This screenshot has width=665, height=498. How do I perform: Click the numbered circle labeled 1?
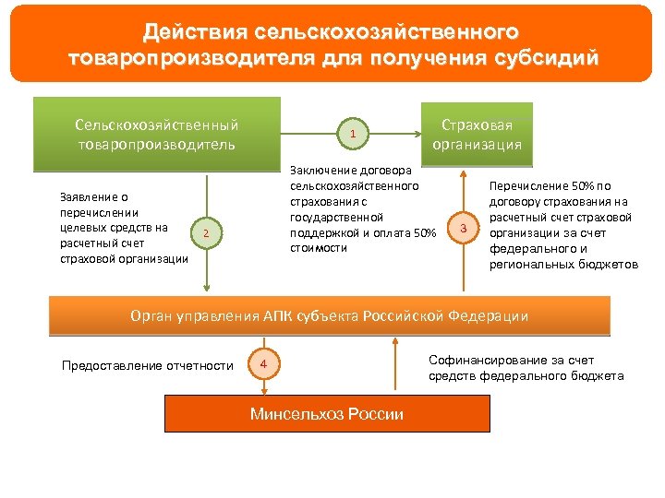352,136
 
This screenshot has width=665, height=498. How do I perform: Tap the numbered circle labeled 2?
206,234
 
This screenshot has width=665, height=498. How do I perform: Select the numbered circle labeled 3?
465,228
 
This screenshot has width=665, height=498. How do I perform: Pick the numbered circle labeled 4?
263,365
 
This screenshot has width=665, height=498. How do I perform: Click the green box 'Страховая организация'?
477,135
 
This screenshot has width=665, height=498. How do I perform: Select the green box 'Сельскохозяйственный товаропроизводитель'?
156,135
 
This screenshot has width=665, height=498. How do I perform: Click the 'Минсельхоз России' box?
327,414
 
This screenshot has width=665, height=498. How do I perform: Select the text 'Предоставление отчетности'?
147,366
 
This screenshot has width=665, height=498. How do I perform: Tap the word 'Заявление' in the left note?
93,196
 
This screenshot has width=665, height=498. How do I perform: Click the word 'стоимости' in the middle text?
319,248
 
